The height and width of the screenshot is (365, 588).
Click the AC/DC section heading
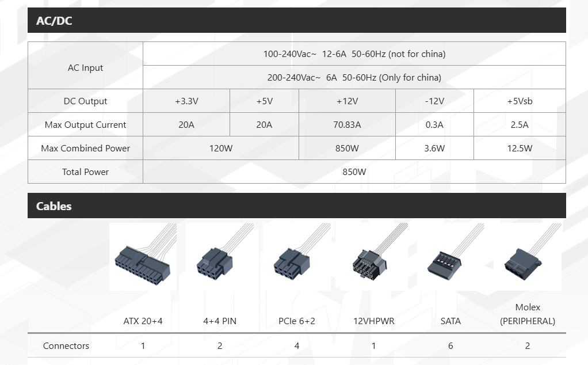point(54,21)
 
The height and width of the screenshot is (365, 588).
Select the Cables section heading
point(54,206)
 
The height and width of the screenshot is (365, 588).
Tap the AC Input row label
point(85,68)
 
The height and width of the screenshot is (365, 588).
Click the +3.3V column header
point(186,101)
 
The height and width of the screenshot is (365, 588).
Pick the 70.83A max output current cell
point(347,124)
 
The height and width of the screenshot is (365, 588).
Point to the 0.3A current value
point(434,124)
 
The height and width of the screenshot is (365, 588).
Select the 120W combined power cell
point(221,148)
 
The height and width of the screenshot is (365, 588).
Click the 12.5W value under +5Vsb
point(520,148)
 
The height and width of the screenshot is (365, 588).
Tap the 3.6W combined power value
point(434,148)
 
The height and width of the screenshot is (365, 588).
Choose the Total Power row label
point(85,172)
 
